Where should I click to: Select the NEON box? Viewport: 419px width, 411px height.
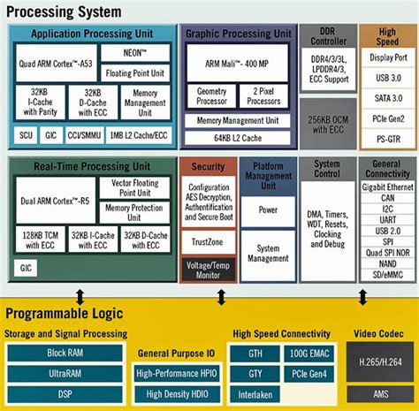pos(135,51)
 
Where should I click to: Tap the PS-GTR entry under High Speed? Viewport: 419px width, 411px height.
pos(387,139)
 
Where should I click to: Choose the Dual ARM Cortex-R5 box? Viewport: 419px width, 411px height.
pos(50,204)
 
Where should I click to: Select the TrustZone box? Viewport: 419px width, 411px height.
pos(208,240)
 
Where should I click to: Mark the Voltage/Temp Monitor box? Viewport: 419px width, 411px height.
pos(208,269)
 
